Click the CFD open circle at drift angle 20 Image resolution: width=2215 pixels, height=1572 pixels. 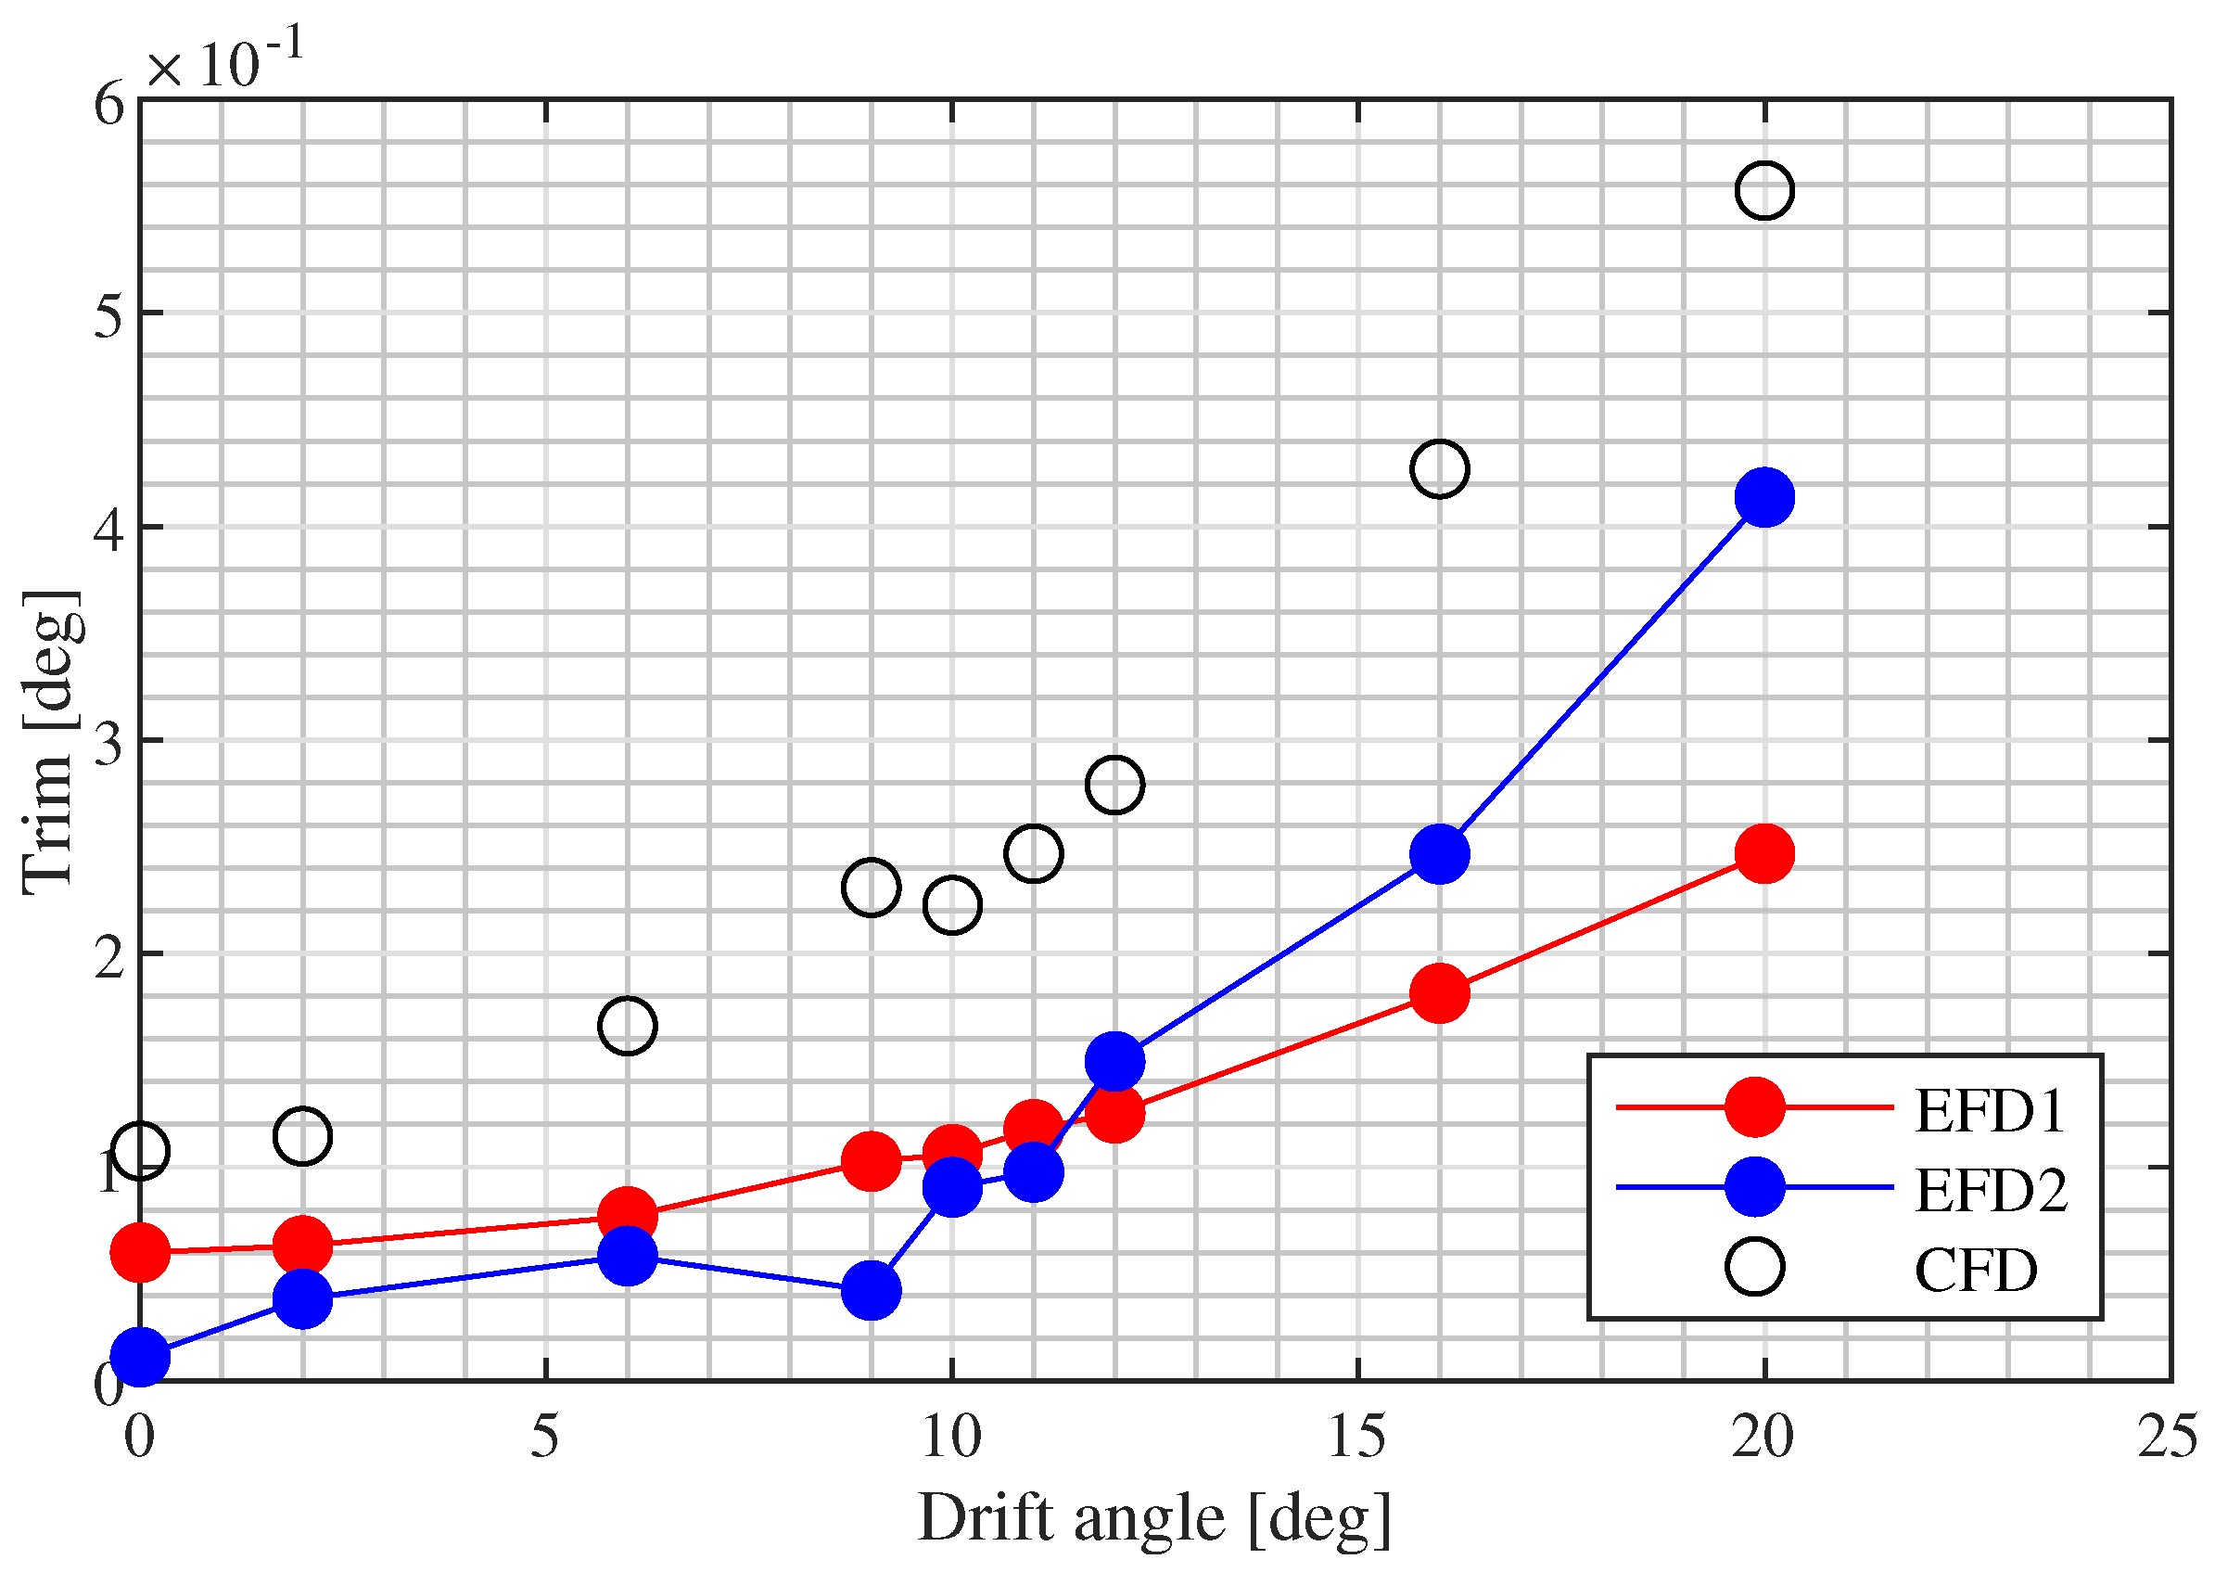pyautogui.click(x=1764, y=191)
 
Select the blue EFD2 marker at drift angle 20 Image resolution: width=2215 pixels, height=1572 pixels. pyautogui.click(x=1764, y=497)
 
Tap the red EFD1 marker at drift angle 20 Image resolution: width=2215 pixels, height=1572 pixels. pyautogui.click(x=1764, y=854)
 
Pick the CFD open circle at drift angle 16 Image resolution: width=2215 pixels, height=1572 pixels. pyautogui.click(x=1439, y=468)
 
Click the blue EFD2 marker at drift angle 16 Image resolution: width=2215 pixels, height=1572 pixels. pyautogui.click(x=1439, y=854)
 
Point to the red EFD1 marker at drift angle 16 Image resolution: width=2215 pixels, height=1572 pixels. pyautogui.click(x=1439, y=993)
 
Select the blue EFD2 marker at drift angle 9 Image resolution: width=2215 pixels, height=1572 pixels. pyautogui.click(x=871, y=1290)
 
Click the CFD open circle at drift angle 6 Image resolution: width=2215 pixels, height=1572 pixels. pyautogui.click(x=627, y=1025)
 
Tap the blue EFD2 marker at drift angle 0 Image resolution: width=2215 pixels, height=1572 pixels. pyautogui.click(x=140, y=1357)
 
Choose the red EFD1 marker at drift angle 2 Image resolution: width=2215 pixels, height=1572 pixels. pyautogui.click(x=303, y=1246)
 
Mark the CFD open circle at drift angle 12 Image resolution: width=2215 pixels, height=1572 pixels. pyautogui.click(x=1114, y=784)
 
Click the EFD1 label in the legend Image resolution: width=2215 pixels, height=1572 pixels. pyautogui.click(x=1988, y=1111)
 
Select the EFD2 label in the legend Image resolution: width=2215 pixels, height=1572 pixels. pyautogui.click(x=1990, y=1191)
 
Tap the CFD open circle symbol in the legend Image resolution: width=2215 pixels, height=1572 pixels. pyautogui.click(x=1754, y=1267)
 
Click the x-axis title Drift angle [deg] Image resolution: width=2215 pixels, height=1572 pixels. pyautogui.click(x=1153, y=1519)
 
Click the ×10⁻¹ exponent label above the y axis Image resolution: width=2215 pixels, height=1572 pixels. pyautogui.click(x=224, y=60)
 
